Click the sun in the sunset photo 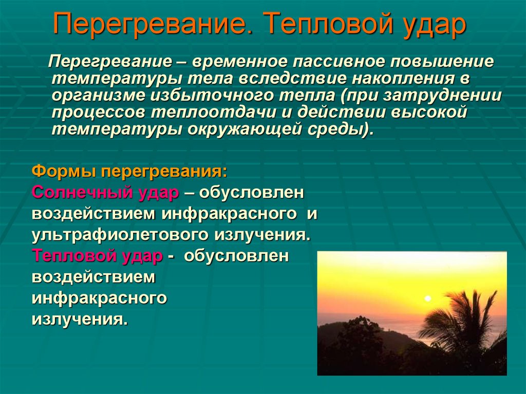[427, 298]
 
